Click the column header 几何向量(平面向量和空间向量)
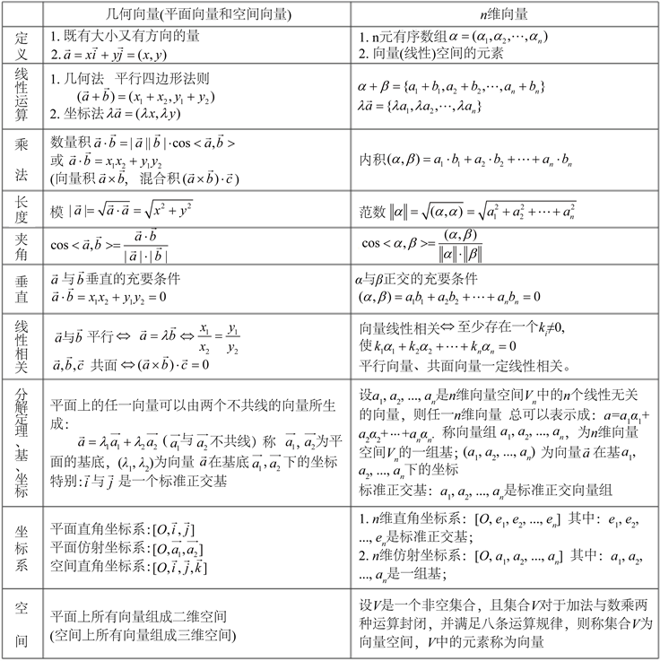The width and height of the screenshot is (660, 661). coord(192,13)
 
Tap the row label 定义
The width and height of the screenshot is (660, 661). coord(21,46)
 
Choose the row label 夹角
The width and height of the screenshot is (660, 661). coord(21,245)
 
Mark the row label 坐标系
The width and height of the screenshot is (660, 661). coord(21,546)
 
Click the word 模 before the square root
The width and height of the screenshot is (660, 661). coord(58,208)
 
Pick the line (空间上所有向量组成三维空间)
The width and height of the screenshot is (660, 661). coord(143,636)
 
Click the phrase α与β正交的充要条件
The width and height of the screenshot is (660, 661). coord(421,278)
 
